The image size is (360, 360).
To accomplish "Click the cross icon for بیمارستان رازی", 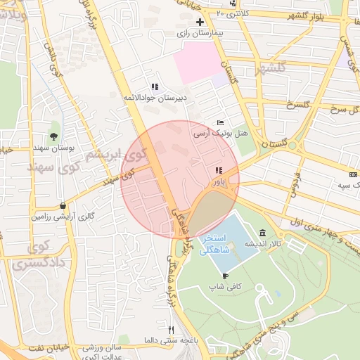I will [x=200, y=23].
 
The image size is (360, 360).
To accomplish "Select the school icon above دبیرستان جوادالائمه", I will [x=154, y=86].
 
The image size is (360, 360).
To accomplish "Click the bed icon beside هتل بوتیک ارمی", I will [x=221, y=122].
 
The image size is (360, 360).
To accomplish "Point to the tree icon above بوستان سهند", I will [x=53, y=136].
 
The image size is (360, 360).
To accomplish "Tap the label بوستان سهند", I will [x=53, y=149].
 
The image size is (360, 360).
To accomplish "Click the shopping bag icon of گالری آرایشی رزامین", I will [x=63, y=206].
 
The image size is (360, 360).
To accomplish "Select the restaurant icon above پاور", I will [x=219, y=170].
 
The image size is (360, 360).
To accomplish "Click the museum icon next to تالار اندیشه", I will [x=262, y=233].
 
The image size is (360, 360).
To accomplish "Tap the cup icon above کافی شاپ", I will [x=225, y=276].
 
